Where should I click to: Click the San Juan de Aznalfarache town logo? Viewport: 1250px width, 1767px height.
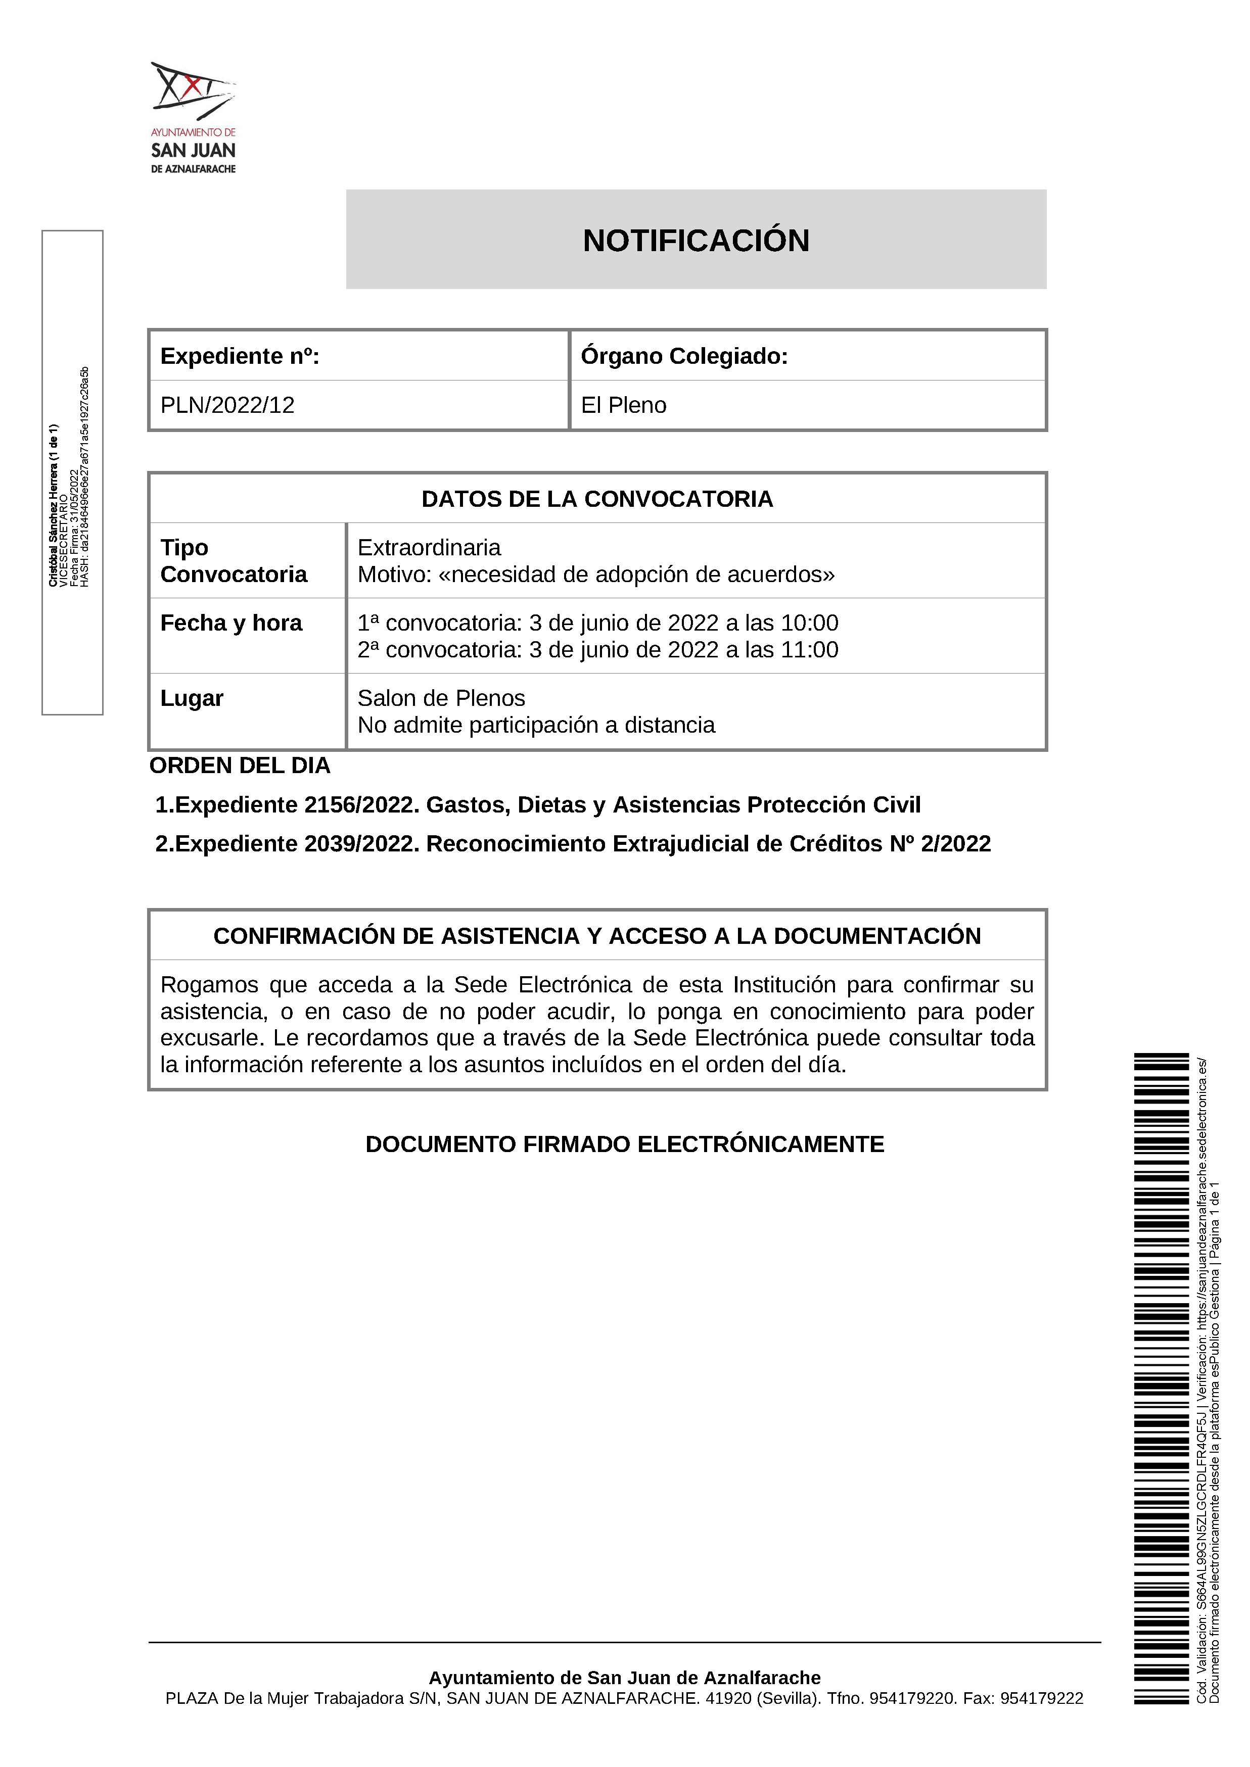[193, 117]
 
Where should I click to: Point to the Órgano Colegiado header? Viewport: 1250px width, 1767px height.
[684, 356]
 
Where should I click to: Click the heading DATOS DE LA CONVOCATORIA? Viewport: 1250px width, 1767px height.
[597, 499]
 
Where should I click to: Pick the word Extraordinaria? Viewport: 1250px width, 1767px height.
[429, 548]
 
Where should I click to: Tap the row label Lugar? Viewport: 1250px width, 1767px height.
[192, 698]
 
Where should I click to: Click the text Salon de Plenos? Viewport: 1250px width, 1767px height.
[441, 698]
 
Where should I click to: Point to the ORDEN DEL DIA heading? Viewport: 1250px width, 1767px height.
[240, 766]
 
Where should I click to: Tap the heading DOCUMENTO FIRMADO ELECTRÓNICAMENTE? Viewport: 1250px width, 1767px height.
[624, 1144]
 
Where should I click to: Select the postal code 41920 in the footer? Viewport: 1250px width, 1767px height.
[728, 1698]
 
